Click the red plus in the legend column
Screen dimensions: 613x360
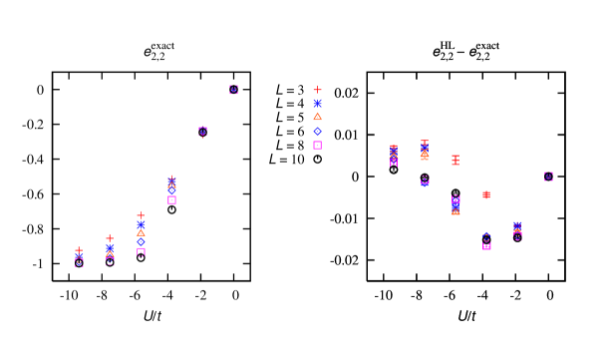(x=317, y=90)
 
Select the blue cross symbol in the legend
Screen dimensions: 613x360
(x=317, y=103)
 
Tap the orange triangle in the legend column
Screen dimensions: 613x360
(x=317, y=117)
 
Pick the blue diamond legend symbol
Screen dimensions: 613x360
(x=317, y=131)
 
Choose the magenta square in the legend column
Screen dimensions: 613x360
(x=317, y=145)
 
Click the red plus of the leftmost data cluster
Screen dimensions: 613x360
(x=79, y=250)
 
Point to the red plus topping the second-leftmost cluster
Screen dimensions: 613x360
(x=110, y=237)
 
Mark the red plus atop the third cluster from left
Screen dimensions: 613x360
(x=141, y=214)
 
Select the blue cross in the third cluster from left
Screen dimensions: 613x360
(x=141, y=224)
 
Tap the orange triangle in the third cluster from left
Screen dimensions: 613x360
(x=141, y=232)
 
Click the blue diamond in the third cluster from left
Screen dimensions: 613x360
(x=141, y=241)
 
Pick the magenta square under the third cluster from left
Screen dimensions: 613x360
(x=141, y=252)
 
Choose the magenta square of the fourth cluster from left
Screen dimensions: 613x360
(x=171, y=199)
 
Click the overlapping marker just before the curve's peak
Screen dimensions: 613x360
(x=202, y=131)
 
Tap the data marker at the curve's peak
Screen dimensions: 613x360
(x=233, y=90)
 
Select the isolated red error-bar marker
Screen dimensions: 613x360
(x=456, y=160)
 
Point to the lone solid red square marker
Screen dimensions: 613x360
(x=486, y=194)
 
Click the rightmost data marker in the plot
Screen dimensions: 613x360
(x=548, y=176)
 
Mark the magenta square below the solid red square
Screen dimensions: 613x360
(x=486, y=245)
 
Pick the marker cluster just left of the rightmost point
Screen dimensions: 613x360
(x=517, y=230)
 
